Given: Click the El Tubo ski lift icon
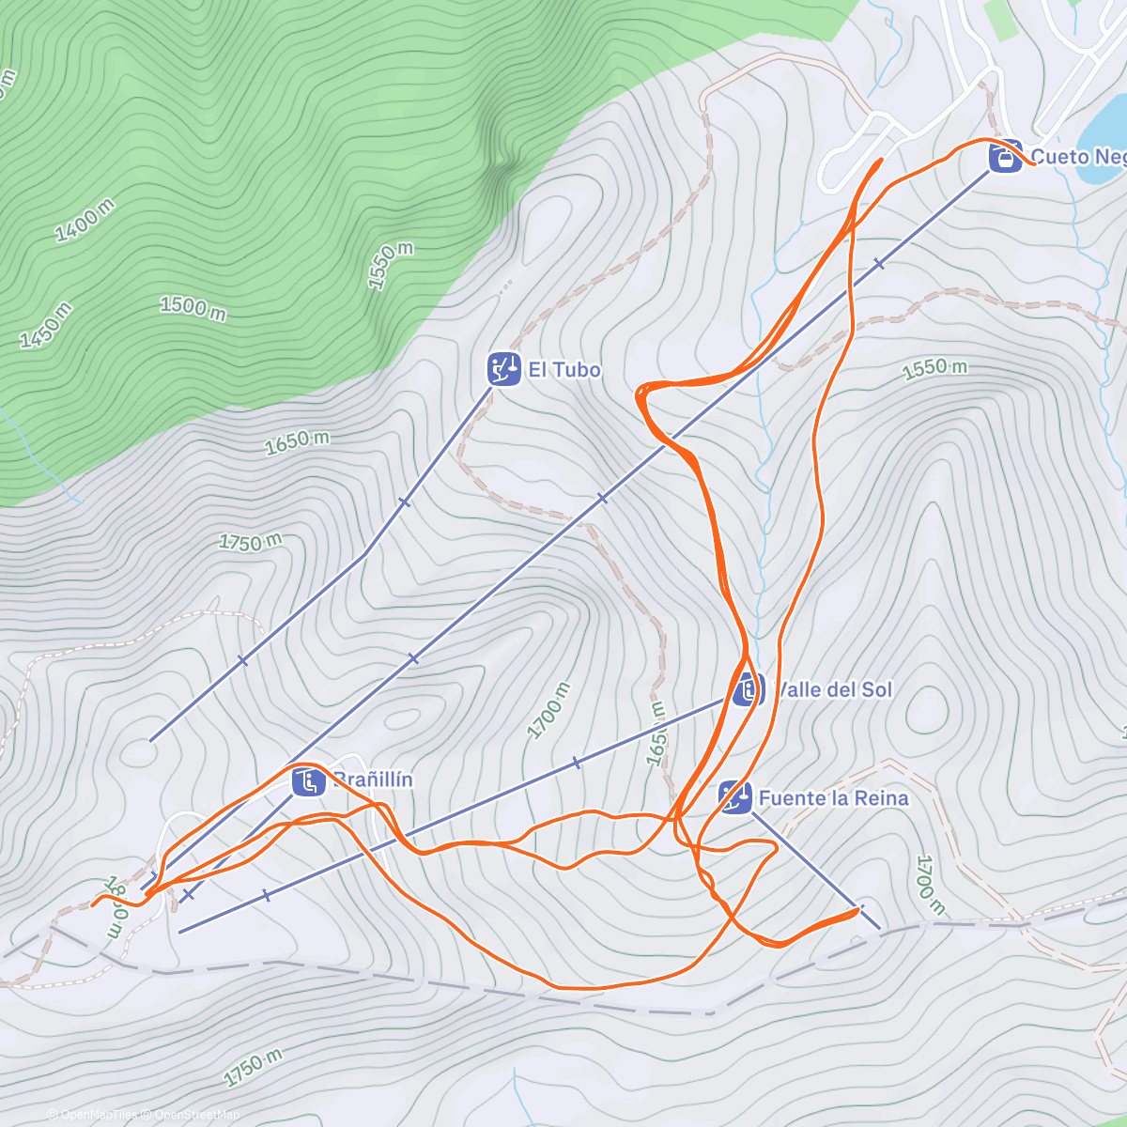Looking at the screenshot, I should click(504, 369).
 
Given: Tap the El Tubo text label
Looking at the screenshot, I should click(564, 370).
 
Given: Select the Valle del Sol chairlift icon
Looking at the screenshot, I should click(748, 689).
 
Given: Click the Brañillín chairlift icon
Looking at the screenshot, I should click(308, 780).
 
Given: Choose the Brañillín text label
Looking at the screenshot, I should click(373, 780).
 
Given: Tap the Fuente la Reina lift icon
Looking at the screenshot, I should click(735, 798).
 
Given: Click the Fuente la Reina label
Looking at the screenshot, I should click(833, 798).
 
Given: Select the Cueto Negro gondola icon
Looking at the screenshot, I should click(1005, 157).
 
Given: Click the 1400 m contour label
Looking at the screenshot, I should click(85, 222).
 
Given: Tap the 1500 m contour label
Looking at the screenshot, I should click(193, 308).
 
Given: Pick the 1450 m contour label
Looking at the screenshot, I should click(44, 326).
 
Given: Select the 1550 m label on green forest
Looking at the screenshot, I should click(390, 266).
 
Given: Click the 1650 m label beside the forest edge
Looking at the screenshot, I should click(297, 442).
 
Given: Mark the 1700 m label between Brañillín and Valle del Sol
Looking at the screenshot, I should click(548, 711).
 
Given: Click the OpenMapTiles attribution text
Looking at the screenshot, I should click(92, 1115).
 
